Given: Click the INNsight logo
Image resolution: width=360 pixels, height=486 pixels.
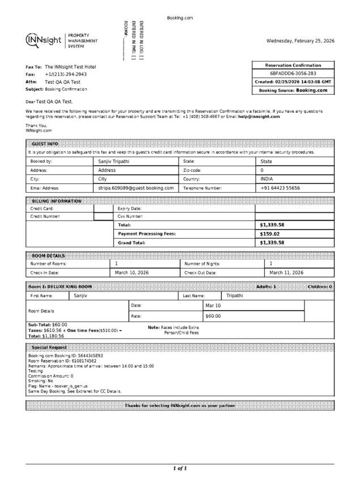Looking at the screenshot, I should (44, 41).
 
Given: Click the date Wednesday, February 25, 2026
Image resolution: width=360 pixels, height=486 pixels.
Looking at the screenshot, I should (300, 41).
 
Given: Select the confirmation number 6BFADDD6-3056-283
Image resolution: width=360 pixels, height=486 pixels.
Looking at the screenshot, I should (293, 74).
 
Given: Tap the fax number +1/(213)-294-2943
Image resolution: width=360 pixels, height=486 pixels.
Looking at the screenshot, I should (66, 74).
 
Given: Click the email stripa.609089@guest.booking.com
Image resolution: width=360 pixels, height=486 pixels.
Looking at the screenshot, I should (136, 188).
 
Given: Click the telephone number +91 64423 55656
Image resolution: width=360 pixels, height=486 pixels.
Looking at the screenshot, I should (280, 188).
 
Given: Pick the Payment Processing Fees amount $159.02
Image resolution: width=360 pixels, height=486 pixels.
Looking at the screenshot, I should (270, 234).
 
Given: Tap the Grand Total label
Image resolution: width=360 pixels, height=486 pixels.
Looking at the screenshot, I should (132, 243).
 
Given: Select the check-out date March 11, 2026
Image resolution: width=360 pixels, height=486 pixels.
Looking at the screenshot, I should (286, 273).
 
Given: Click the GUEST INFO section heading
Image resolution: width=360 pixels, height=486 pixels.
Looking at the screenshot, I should (45, 144).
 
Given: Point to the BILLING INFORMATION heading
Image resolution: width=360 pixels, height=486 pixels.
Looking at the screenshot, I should (57, 201).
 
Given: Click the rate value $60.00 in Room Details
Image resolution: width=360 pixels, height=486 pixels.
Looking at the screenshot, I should (213, 316).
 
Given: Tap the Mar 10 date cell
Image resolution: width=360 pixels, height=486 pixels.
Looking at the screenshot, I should (213, 306).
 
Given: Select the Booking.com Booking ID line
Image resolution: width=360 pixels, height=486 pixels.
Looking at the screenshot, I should (66, 356).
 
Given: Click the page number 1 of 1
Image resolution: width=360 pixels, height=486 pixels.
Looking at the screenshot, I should (180, 468).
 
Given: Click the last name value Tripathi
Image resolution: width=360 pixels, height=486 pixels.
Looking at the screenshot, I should (235, 295).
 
